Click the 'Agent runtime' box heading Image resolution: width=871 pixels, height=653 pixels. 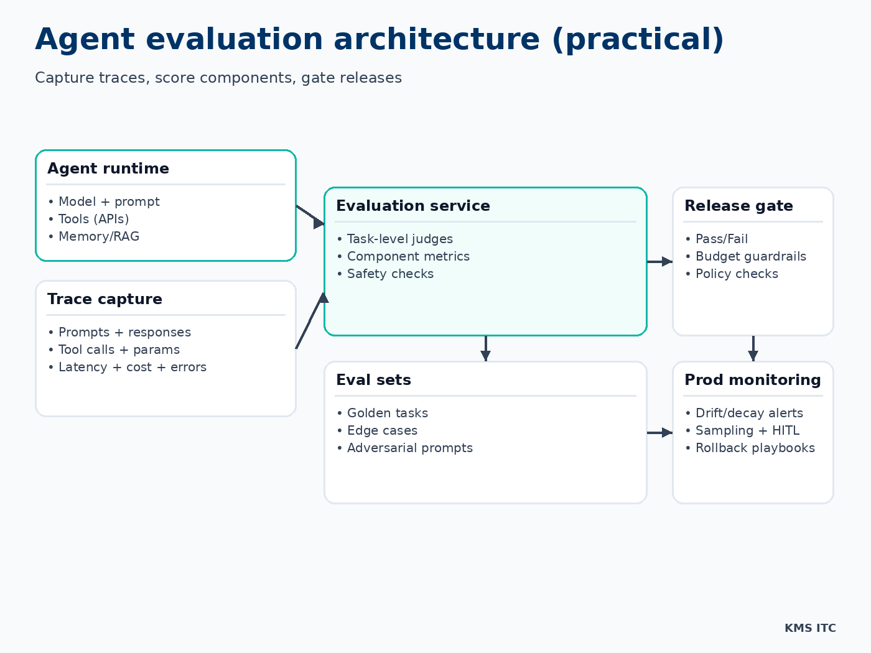pyautogui.click(x=108, y=169)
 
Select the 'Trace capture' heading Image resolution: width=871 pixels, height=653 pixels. pyautogui.click(x=105, y=299)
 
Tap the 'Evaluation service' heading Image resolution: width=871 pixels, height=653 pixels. pyautogui.click(x=413, y=206)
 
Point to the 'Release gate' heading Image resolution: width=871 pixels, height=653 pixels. pyautogui.click(x=738, y=206)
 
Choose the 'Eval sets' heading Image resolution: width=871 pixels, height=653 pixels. pyautogui.click(x=373, y=380)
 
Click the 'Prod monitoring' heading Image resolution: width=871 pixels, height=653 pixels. pyautogui.click(x=753, y=380)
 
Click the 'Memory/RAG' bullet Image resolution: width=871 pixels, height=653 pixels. pyautogui.click(x=98, y=236)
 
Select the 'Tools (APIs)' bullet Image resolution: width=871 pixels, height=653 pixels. pyautogui.click(x=93, y=219)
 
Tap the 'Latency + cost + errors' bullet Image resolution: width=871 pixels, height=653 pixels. pyautogui.click(x=132, y=367)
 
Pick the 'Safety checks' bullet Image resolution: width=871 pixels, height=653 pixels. pyautogui.click(x=390, y=274)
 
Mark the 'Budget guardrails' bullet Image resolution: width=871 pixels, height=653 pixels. pyautogui.click(x=750, y=256)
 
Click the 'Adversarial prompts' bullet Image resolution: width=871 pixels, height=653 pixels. pyautogui.click(x=409, y=448)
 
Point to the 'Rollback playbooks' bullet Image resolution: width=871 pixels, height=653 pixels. pyautogui.click(x=755, y=448)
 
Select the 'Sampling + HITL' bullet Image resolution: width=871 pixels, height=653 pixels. pyautogui.click(x=747, y=430)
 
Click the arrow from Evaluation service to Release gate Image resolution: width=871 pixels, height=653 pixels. pyautogui.click(x=660, y=262)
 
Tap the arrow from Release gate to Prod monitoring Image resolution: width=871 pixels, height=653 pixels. pyautogui.click(x=753, y=349)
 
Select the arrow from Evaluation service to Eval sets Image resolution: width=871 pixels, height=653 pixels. pyautogui.click(x=485, y=349)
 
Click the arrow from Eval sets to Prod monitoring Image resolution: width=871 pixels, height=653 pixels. pyautogui.click(x=660, y=432)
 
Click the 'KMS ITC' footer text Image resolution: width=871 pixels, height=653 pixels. pyautogui.click(x=810, y=628)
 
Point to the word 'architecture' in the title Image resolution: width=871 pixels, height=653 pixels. pyautogui.click(x=436, y=39)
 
